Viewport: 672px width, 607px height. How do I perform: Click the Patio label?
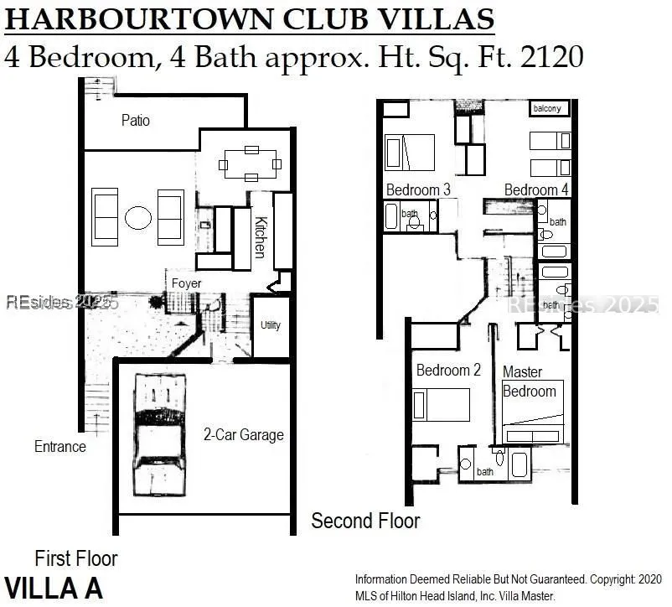coord(136,121)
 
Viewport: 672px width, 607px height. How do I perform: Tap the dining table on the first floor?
coord(251,163)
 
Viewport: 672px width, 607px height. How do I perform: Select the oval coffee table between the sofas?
coord(138,218)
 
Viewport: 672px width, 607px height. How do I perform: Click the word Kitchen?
coord(261,237)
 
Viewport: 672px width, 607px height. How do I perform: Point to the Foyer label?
coord(186,283)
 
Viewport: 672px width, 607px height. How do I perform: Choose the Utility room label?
coord(271,325)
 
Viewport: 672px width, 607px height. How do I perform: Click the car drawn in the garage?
coord(160,434)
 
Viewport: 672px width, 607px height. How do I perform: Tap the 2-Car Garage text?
coord(244,434)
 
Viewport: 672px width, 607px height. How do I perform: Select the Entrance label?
coord(60,447)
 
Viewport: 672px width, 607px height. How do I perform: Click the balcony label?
coord(547,108)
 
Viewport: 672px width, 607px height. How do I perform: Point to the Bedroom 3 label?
coord(418,189)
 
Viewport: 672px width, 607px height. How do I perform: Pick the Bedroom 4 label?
coord(536,189)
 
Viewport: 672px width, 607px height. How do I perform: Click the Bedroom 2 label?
coord(448,370)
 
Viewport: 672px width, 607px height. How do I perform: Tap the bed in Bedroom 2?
coord(441,405)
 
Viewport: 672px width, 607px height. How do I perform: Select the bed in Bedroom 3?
coord(410,153)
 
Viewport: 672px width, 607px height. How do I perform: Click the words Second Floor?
coord(365,521)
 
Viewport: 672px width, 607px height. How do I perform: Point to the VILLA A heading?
coord(54,588)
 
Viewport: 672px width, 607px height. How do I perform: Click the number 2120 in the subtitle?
coord(552,56)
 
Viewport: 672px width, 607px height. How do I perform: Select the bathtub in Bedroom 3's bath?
coord(391,216)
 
